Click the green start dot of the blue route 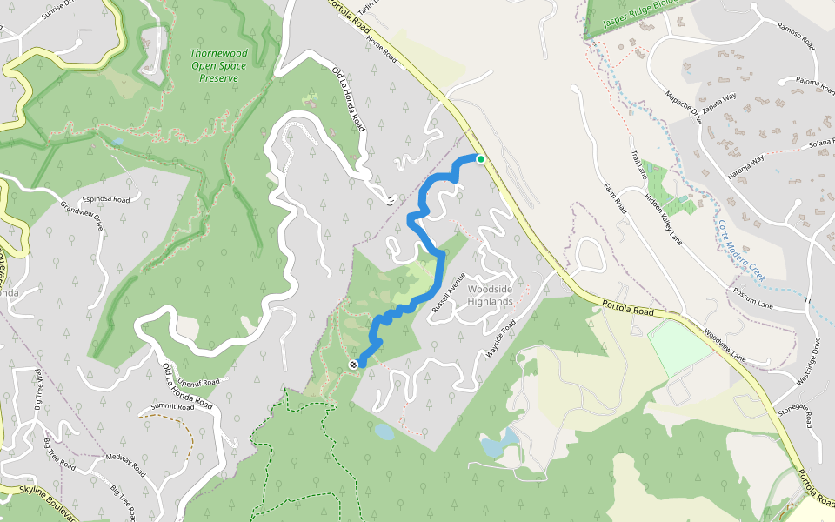click(x=480, y=158)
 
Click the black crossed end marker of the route click(x=353, y=365)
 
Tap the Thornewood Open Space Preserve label click(x=219, y=65)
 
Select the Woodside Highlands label click(x=490, y=295)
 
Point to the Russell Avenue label click(x=444, y=293)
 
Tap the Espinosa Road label click(x=105, y=199)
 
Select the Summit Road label click(x=170, y=406)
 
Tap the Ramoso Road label click(x=796, y=35)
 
